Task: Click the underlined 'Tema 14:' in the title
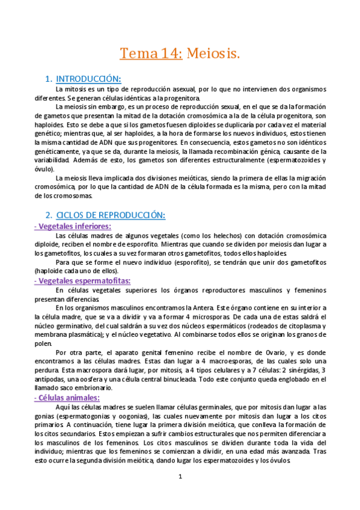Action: [x=151, y=54]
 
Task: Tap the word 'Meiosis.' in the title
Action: [x=213, y=54]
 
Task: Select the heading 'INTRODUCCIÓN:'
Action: [x=88, y=79]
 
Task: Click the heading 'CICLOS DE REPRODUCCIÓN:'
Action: [x=111, y=215]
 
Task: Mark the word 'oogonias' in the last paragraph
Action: [x=137, y=417]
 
